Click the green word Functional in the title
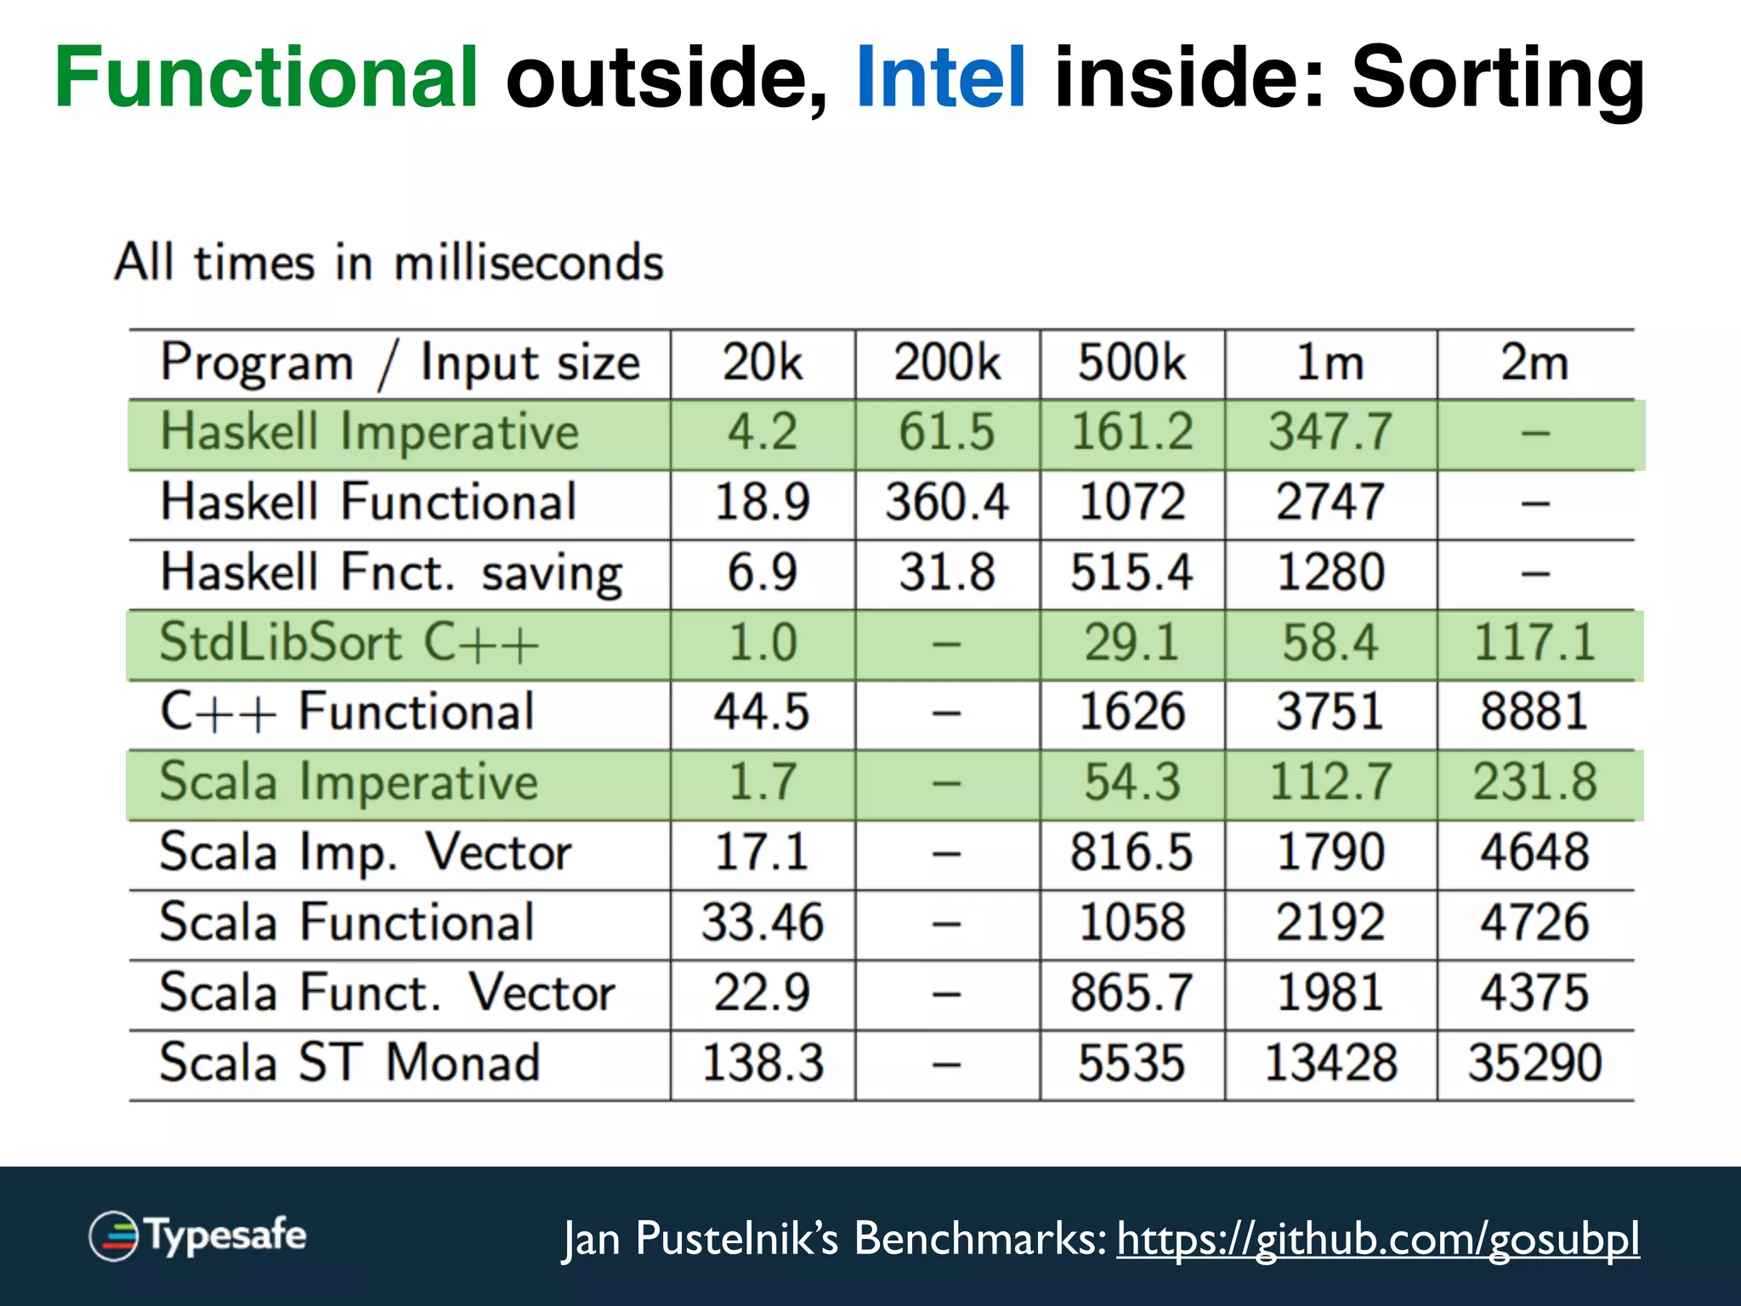tap(266, 78)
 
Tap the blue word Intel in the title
tap(941, 78)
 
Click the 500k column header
tap(1131, 363)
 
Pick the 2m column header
tap(1534, 363)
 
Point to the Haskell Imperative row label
tap(370, 432)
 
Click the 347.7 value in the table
tap(1330, 432)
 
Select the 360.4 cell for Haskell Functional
tap(947, 503)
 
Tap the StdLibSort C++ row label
tap(349, 643)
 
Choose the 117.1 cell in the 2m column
tap(1534, 643)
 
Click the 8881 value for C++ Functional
tap(1534, 713)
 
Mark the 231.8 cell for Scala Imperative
tap(1534, 782)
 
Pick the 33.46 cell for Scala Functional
tap(763, 923)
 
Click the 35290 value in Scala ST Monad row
tap(1534, 1063)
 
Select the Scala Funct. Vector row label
tap(387, 993)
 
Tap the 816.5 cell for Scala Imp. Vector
tap(1131, 853)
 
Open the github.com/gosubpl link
tap(1377, 1239)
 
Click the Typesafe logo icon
tap(114, 1235)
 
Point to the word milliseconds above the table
tap(528, 263)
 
